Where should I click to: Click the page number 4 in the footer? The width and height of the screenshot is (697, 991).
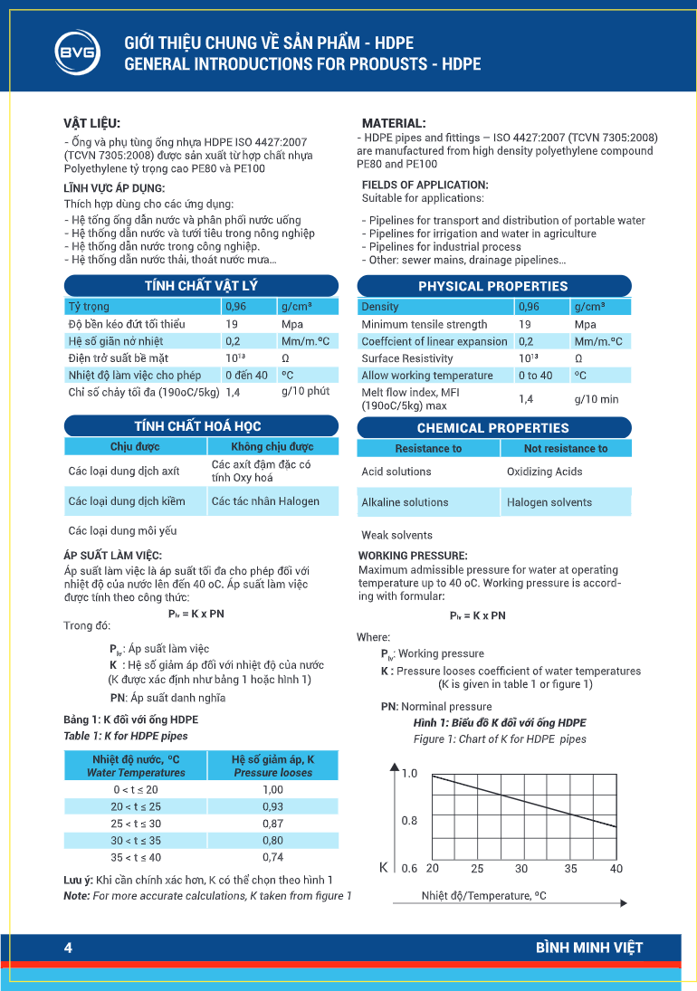click(x=68, y=948)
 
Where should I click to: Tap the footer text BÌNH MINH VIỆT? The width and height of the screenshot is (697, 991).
click(x=588, y=948)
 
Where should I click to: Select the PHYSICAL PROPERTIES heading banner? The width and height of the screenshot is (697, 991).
click(x=493, y=286)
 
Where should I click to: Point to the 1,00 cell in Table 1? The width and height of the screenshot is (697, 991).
click(x=272, y=789)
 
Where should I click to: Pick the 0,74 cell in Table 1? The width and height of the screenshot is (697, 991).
click(x=272, y=857)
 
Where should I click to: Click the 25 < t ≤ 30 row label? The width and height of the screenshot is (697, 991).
click(x=136, y=824)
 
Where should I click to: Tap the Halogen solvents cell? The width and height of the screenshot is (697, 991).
click(x=549, y=502)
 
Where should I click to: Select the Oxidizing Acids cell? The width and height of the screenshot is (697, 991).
click(x=545, y=472)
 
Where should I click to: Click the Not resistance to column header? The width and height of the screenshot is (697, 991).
click(x=566, y=448)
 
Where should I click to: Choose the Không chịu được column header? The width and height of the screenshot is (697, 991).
click(x=272, y=446)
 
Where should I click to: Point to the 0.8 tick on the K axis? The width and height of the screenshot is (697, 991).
click(x=409, y=821)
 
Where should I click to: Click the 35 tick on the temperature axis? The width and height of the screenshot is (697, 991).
click(x=570, y=869)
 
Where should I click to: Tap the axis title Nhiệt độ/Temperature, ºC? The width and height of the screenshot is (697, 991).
click(x=484, y=896)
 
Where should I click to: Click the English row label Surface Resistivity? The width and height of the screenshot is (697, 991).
click(x=407, y=358)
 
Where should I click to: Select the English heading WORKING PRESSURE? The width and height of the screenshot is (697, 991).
click(x=413, y=555)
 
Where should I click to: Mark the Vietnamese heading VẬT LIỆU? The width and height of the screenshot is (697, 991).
click(x=91, y=123)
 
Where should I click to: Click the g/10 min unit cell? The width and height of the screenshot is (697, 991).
click(x=597, y=398)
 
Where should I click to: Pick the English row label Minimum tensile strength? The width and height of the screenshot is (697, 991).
click(x=424, y=324)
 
